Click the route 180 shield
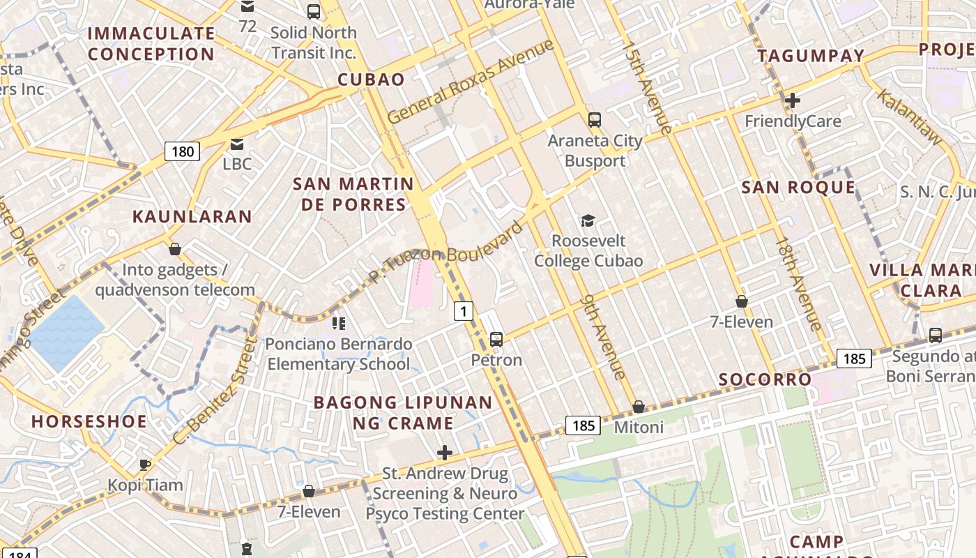[x=183, y=151]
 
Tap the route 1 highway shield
[x=464, y=311]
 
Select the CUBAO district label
[x=371, y=80]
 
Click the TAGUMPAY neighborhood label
[x=811, y=56]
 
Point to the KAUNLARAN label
[x=192, y=216]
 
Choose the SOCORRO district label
[x=765, y=379]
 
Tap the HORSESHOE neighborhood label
[x=89, y=421]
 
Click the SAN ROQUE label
[x=798, y=187]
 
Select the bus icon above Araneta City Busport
[x=594, y=119]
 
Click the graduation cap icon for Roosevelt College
[x=588, y=221]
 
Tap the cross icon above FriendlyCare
[x=792, y=100]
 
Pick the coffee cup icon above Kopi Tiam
[x=145, y=465]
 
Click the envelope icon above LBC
[x=237, y=144]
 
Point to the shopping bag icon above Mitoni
[x=639, y=407]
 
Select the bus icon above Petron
[x=496, y=340]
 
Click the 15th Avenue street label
[x=646, y=88]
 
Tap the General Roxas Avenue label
[x=471, y=82]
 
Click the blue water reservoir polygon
[x=66, y=331]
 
